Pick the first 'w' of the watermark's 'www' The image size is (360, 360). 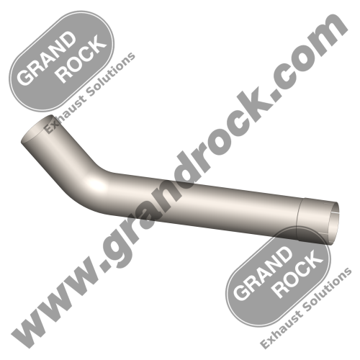pos(29,328)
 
